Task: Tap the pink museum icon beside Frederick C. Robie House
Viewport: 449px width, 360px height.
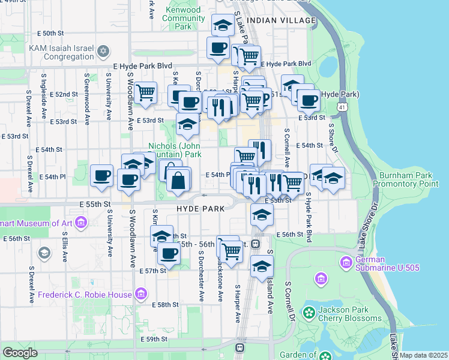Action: pos(140,294)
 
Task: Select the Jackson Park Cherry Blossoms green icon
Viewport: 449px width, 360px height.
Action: pos(309,312)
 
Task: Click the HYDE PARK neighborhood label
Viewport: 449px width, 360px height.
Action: pos(200,208)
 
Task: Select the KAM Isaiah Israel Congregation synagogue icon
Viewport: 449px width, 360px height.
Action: pos(103,50)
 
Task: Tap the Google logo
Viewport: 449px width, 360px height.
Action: pos(20,353)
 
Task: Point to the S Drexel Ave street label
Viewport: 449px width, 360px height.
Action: pos(29,108)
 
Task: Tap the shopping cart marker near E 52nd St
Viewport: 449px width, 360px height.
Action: pos(145,92)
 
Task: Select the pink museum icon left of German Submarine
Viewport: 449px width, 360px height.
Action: pos(321,278)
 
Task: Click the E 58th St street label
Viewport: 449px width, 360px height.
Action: pos(166,305)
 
